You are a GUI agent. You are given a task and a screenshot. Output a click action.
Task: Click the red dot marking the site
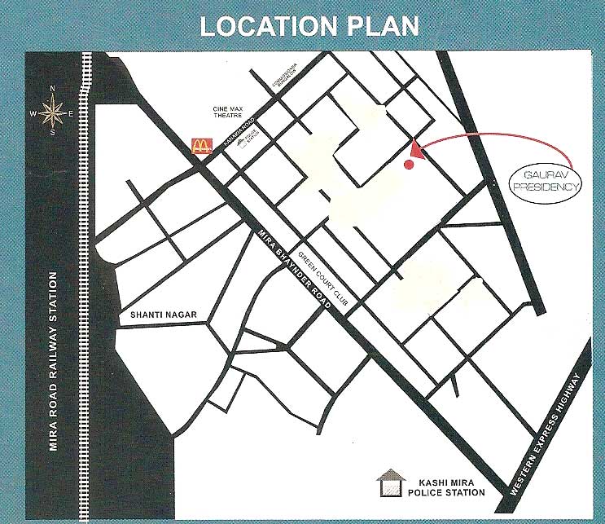(410, 165)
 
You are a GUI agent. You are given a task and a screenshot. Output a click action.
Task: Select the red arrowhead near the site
(417, 149)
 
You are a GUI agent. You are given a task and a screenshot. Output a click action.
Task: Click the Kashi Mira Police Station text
(449, 487)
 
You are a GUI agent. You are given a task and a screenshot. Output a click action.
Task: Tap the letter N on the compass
(52, 88)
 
